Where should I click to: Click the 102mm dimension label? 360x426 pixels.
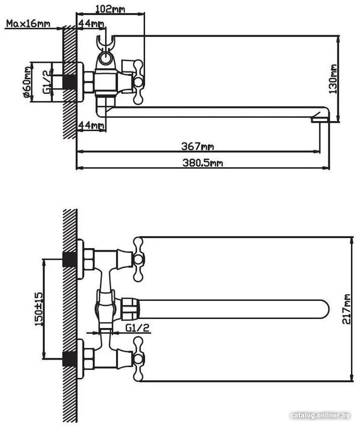click(x=110, y=9)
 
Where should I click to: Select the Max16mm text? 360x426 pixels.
click(x=28, y=24)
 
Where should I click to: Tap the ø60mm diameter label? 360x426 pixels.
click(x=28, y=82)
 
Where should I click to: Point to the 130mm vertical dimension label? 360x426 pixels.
click(x=333, y=79)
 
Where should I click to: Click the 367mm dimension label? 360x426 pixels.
click(x=198, y=147)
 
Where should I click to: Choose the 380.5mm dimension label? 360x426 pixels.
click(x=202, y=163)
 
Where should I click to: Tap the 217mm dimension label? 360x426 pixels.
click(x=346, y=309)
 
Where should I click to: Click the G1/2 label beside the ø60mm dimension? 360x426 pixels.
click(x=47, y=82)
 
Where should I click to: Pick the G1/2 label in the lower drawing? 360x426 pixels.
click(x=138, y=328)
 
